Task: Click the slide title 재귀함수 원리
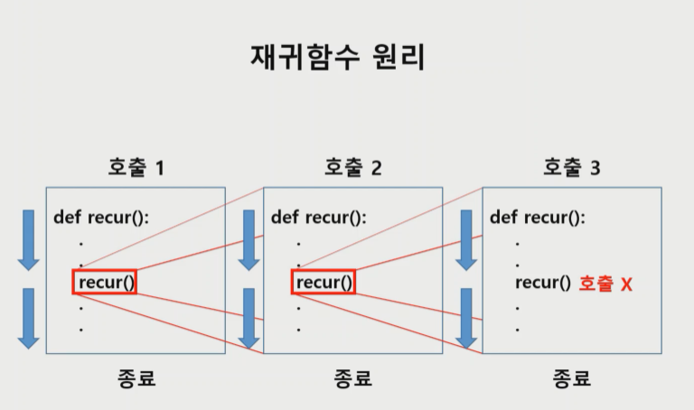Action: (x=337, y=56)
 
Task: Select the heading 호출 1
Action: (x=136, y=167)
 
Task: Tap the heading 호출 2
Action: (x=353, y=167)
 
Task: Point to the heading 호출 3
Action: (x=571, y=167)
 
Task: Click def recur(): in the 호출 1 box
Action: (x=101, y=217)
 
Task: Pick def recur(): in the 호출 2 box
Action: (x=319, y=217)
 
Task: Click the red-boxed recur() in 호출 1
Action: (x=106, y=283)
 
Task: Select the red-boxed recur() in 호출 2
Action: (x=324, y=283)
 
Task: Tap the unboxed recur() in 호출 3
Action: (x=543, y=283)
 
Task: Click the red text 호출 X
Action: (x=605, y=284)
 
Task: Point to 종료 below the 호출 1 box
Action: (x=136, y=377)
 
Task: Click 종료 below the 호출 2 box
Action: (x=353, y=377)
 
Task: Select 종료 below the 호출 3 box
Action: (x=571, y=377)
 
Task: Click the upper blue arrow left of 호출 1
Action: (x=28, y=238)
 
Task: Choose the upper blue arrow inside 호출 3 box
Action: (x=466, y=238)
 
